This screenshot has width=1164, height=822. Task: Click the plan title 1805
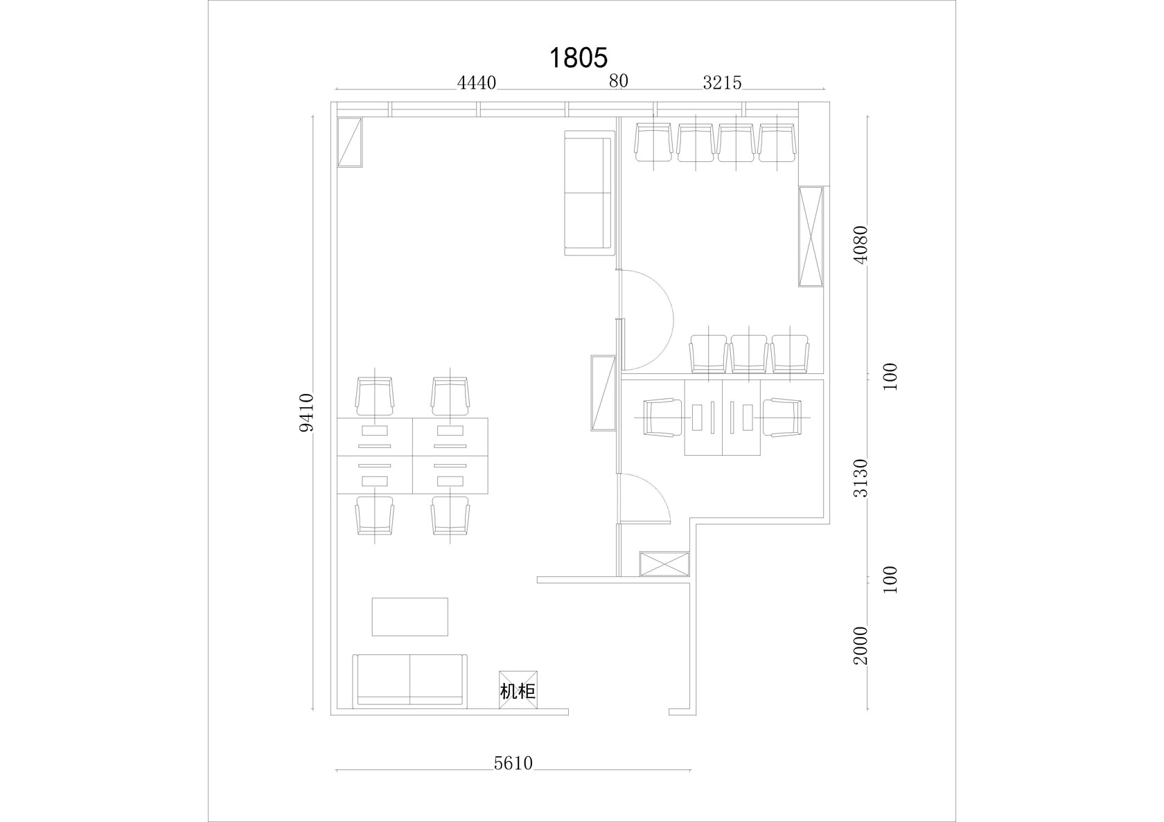(x=579, y=58)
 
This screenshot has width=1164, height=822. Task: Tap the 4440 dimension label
(x=477, y=83)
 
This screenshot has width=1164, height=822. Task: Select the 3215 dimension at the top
(x=722, y=83)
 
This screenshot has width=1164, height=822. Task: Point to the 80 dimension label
(x=618, y=81)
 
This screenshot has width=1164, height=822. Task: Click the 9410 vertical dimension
(x=307, y=413)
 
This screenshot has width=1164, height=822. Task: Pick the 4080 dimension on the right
(x=861, y=245)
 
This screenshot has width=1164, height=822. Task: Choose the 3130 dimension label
(x=861, y=479)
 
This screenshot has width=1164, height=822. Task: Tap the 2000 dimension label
(x=861, y=645)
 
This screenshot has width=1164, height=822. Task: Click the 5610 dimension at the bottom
(x=513, y=763)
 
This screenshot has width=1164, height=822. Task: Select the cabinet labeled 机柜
(x=518, y=690)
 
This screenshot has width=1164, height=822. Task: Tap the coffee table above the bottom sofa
(x=410, y=617)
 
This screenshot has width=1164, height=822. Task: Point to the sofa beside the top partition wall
(x=588, y=193)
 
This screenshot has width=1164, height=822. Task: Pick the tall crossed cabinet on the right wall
(x=811, y=236)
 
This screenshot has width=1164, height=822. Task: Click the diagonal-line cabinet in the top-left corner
(x=350, y=142)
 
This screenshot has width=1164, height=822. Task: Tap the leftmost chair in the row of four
(x=653, y=143)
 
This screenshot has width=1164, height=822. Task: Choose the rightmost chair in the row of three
(x=790, y=354)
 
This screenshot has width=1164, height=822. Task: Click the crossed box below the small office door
(x=664, y=564)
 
